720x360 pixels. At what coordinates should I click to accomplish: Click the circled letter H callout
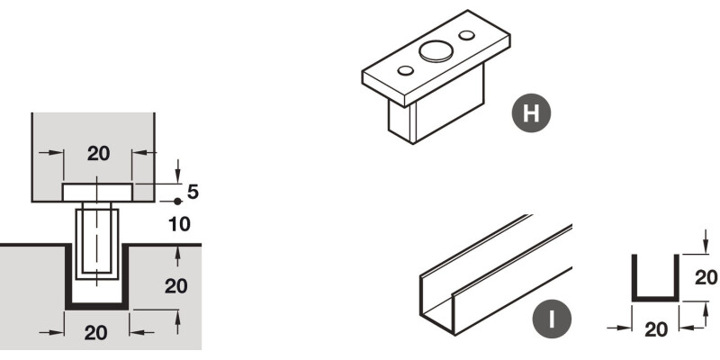click(531, 113)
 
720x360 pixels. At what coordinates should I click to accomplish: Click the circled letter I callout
click(552, 319)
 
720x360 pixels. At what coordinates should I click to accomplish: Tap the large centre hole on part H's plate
click(436, 51)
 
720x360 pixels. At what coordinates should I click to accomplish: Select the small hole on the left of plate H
click(406, 71)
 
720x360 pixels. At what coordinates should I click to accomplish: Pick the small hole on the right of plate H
click(466, 35)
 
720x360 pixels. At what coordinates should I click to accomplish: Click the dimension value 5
click(193, 192)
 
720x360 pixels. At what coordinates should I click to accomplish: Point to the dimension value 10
click(179, 224)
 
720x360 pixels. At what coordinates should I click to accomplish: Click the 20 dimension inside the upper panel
click(99, 154)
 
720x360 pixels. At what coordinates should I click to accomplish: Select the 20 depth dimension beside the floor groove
click(175, 286)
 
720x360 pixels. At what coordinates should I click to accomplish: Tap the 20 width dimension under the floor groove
click(96, 332)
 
